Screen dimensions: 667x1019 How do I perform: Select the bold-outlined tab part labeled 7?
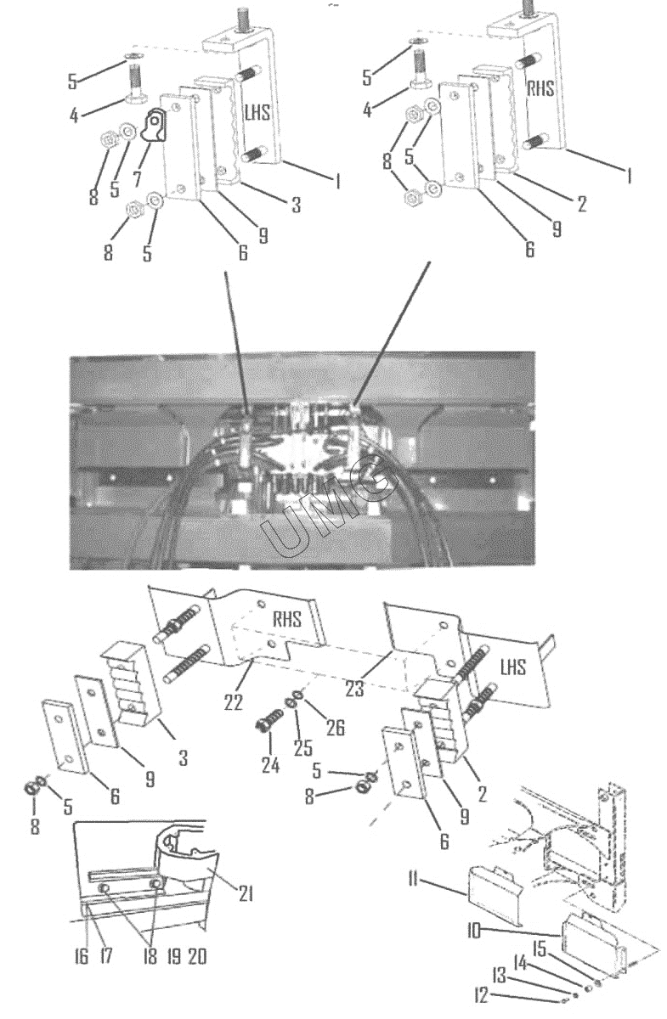pos(154,124)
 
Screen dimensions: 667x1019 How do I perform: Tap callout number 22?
pos(233,702)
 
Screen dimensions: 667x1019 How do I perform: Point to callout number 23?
pos(354,689)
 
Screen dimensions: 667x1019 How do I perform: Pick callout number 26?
pos(336,728)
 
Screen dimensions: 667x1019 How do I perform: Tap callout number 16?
pos(81,957)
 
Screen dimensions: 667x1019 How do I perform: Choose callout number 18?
pos(150,957)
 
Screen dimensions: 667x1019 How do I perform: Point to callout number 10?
pos(473,932)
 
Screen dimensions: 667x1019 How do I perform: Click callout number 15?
pos(540,949)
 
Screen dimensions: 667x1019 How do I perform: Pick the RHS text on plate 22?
pos(287,619)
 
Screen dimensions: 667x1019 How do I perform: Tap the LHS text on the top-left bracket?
pos(257,112)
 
